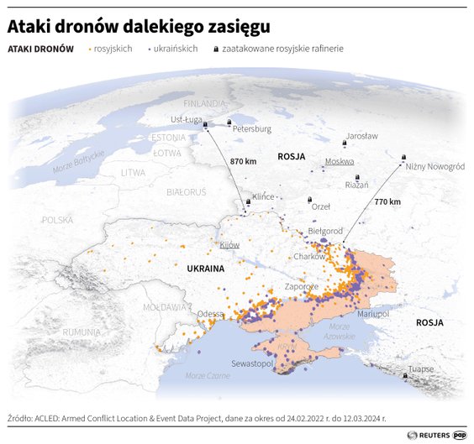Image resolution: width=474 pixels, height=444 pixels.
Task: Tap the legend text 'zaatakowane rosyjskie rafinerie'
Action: click(x=282, y=49)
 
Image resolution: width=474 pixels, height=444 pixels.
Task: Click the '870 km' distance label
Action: click(x=243, y=160)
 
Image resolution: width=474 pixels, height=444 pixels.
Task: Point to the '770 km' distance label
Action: click(x=387, y=201)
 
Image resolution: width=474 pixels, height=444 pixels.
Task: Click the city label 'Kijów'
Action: click(x=229, y=245)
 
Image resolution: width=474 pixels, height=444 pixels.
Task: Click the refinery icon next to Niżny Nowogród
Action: click(x=403, y=156)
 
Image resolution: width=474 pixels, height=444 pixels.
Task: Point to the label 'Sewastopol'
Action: click(x=252, y=364)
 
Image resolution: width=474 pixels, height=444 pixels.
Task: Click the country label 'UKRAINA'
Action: click(x=200, y=269)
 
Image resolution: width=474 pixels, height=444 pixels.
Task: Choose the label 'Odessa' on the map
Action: click(x=210, y=314)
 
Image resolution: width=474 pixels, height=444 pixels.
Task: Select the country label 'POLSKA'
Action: click(x=58, y=220)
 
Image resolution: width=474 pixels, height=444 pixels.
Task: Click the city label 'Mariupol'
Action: click(x=373, y=313)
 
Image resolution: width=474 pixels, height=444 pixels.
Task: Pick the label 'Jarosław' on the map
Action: click(x=361, y=135)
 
